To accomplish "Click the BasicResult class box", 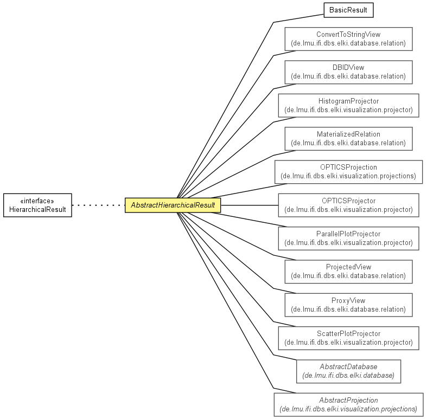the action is coord(348,10).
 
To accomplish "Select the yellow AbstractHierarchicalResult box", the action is coord(173,205).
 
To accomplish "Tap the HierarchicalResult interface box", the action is coord(37,205).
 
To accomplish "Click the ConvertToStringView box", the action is coord(348,39).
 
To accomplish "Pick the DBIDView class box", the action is coord(348,72).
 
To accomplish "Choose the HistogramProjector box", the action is coord(348,106).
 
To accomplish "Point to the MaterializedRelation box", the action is coord(348,139).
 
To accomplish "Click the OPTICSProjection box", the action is coord(348,172).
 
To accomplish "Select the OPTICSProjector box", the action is coord(348,205).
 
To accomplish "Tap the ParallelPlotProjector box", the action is coord(348,238).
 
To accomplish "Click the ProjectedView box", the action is coord(348,272).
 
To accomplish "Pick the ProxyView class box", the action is coord(348,305).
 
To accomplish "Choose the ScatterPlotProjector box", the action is coord(348,338).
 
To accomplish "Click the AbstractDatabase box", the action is coord(348,371).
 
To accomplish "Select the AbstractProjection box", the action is coord(348,404).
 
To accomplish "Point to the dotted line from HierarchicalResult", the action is coord(98,205).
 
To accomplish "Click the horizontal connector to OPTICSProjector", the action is coord(250,205).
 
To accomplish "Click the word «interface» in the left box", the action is coord(37,201).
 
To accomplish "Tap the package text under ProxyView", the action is coord(348,310).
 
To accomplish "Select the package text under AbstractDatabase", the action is coord(348,376).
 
